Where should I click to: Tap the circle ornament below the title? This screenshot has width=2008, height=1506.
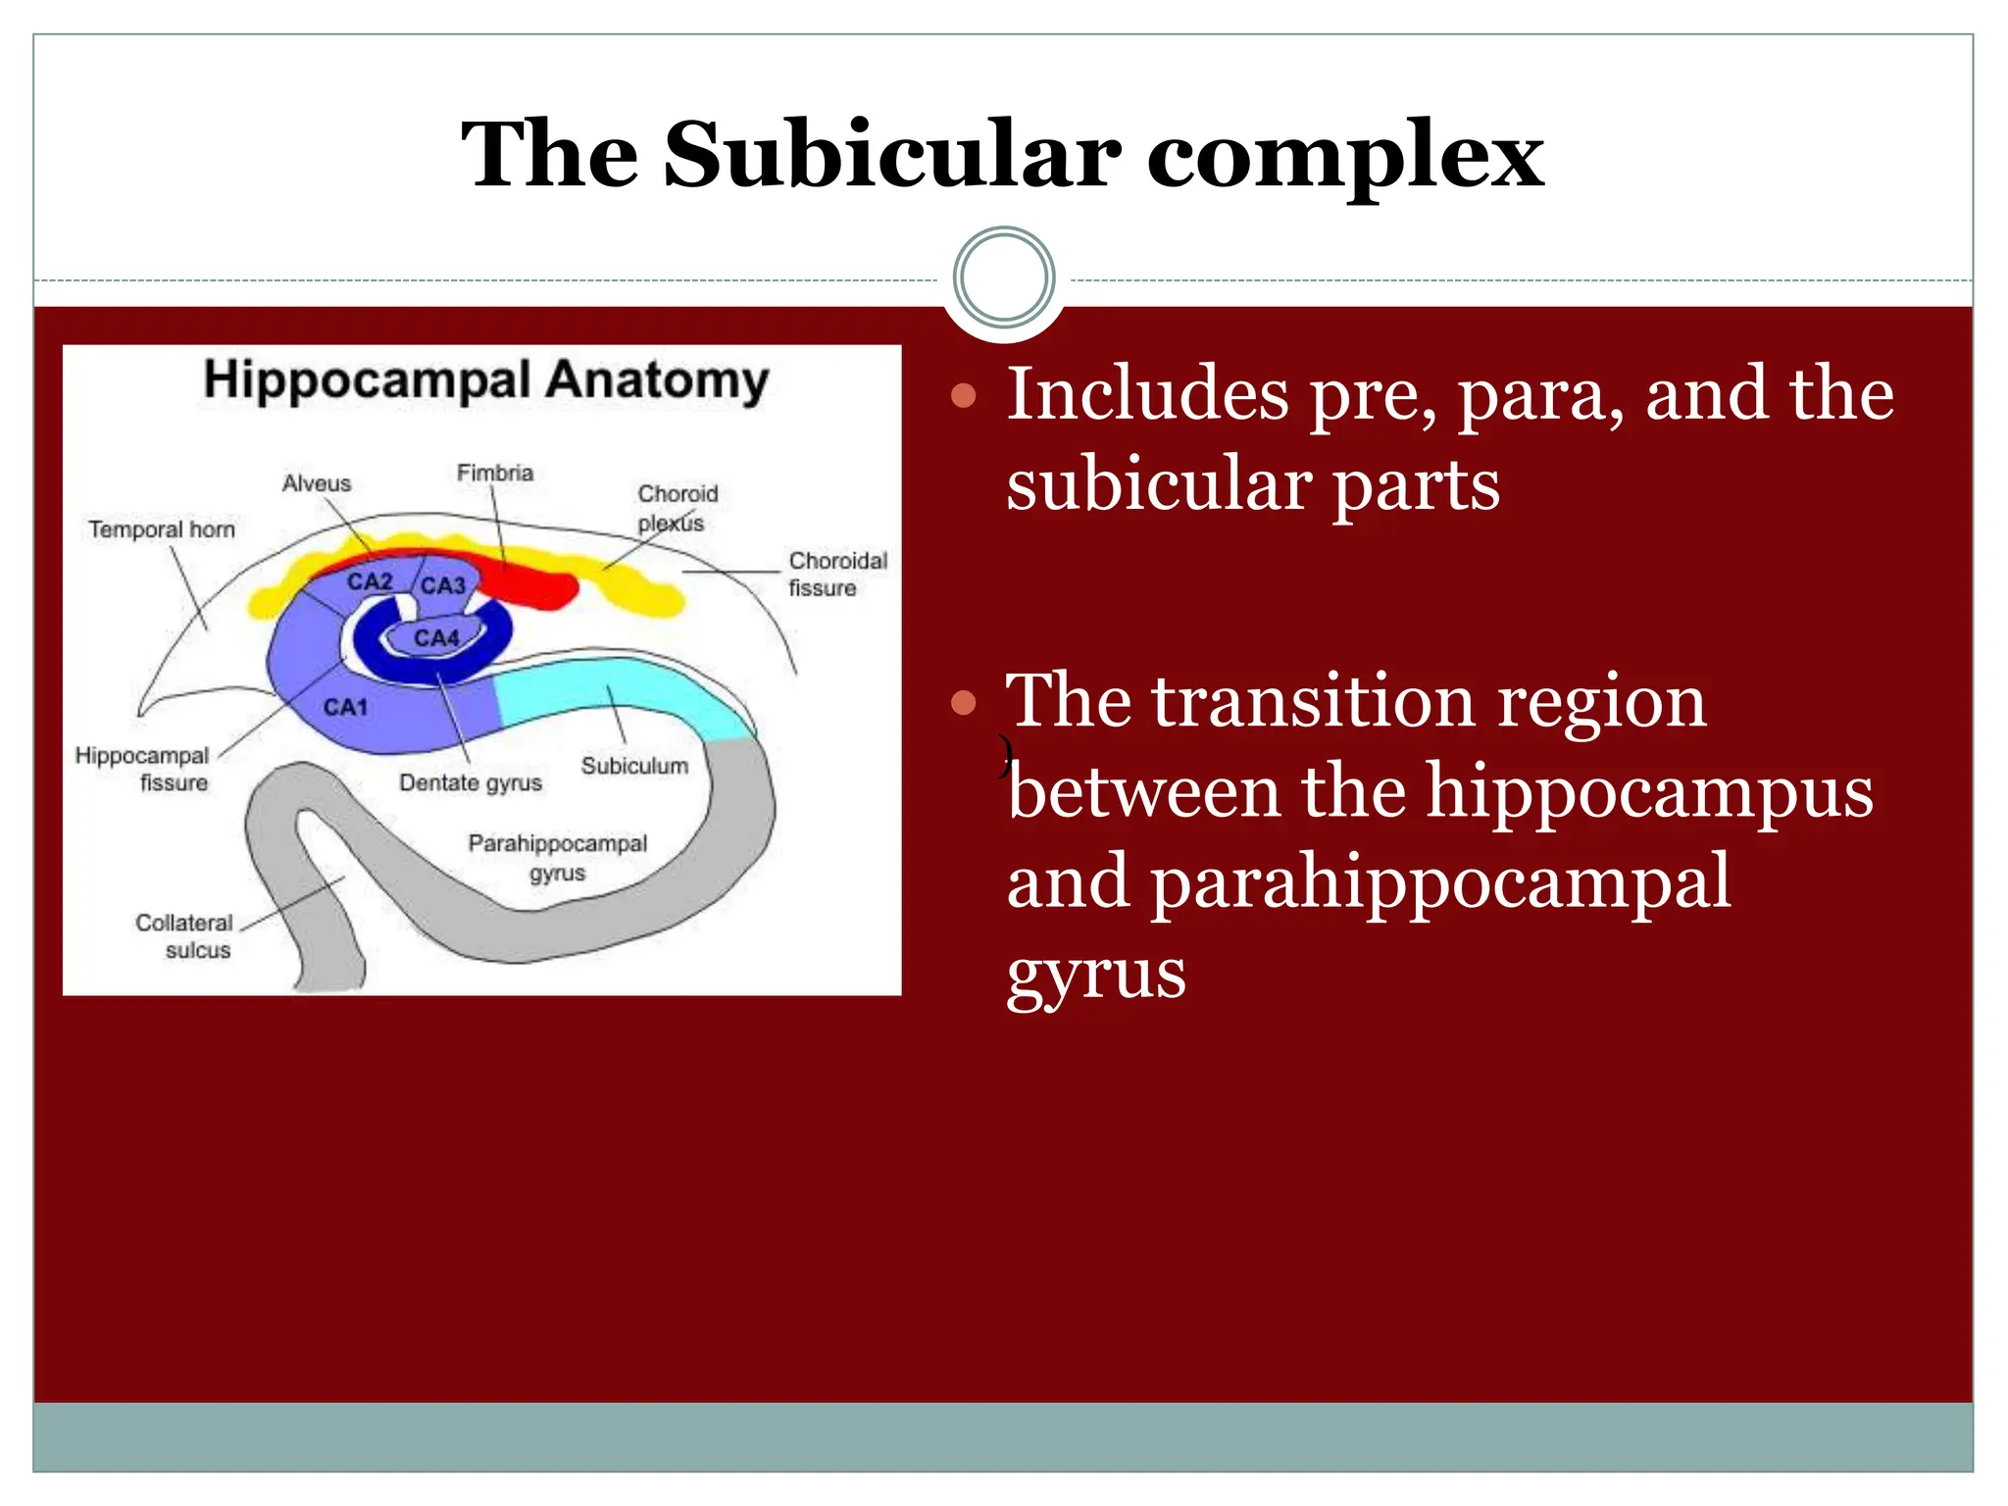[x=1003, y=278]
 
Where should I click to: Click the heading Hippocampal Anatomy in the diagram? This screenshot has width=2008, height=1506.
[x=485, y=380]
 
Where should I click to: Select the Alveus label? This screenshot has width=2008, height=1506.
[x=316, y=483]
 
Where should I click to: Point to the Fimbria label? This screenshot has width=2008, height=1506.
[x=494, y=473]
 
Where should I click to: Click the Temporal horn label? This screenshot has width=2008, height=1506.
[x=162, y=529]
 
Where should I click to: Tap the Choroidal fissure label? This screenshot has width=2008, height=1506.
[x=836, y=574]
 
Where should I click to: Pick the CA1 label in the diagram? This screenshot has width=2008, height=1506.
[x=345, y=707]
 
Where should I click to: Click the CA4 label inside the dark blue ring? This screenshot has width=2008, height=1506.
[x=435, y=638]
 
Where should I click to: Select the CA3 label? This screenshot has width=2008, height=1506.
[x=442, y=585]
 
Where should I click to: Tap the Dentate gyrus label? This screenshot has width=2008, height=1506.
[x=470, y=782]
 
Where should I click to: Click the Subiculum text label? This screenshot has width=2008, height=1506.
[x=634, y=766]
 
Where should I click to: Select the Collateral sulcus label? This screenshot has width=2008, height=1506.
[x=185, y=936]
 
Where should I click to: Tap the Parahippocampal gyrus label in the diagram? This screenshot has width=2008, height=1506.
[x=557, y=857]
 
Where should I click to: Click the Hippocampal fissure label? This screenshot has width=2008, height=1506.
[x=143, y=769]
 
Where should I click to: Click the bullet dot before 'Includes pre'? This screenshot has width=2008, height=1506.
[x=964, y=395]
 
